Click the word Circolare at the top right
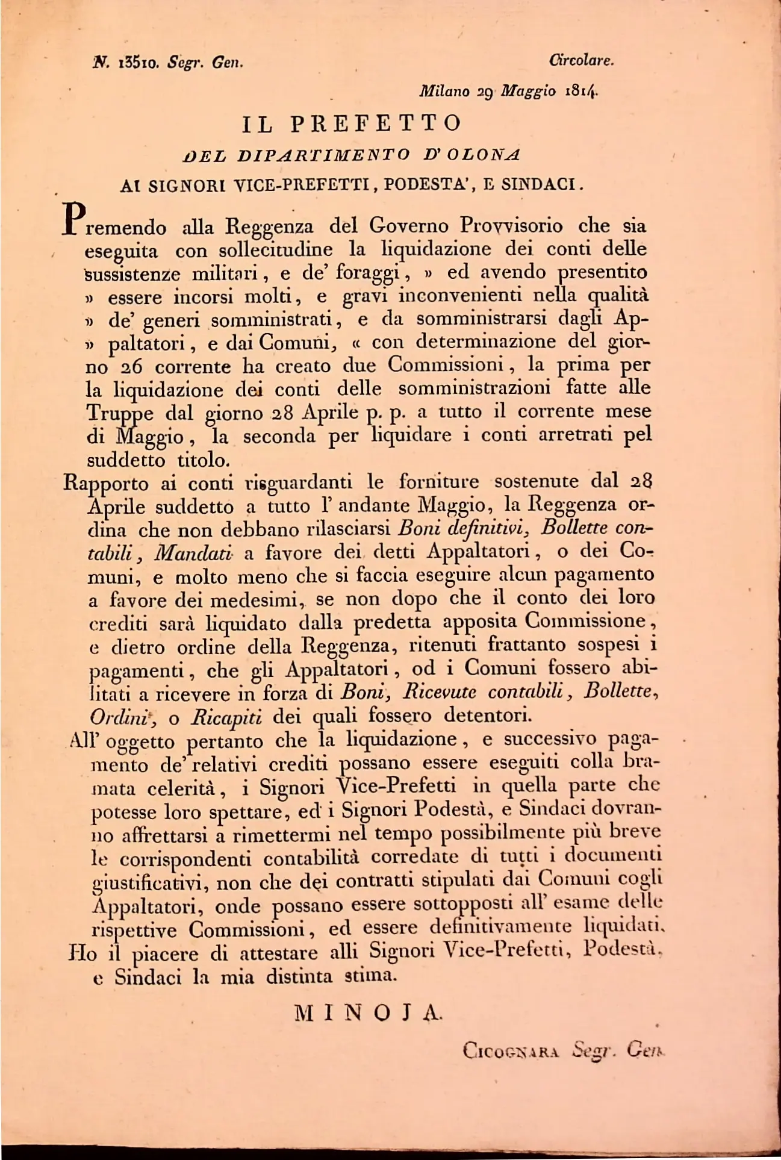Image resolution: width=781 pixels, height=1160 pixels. tap(581, 60)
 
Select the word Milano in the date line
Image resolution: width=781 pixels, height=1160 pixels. tap(444, 92)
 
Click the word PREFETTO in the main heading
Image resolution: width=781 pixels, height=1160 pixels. tap(376, 123)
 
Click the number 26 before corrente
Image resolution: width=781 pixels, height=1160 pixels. tap(132, 367)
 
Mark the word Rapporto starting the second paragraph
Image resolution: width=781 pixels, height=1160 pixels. tap(106, 484)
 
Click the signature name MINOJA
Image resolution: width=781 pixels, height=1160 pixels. tap(369, 1014)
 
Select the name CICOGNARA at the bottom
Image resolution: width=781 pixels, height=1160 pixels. tap(511, 1051)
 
